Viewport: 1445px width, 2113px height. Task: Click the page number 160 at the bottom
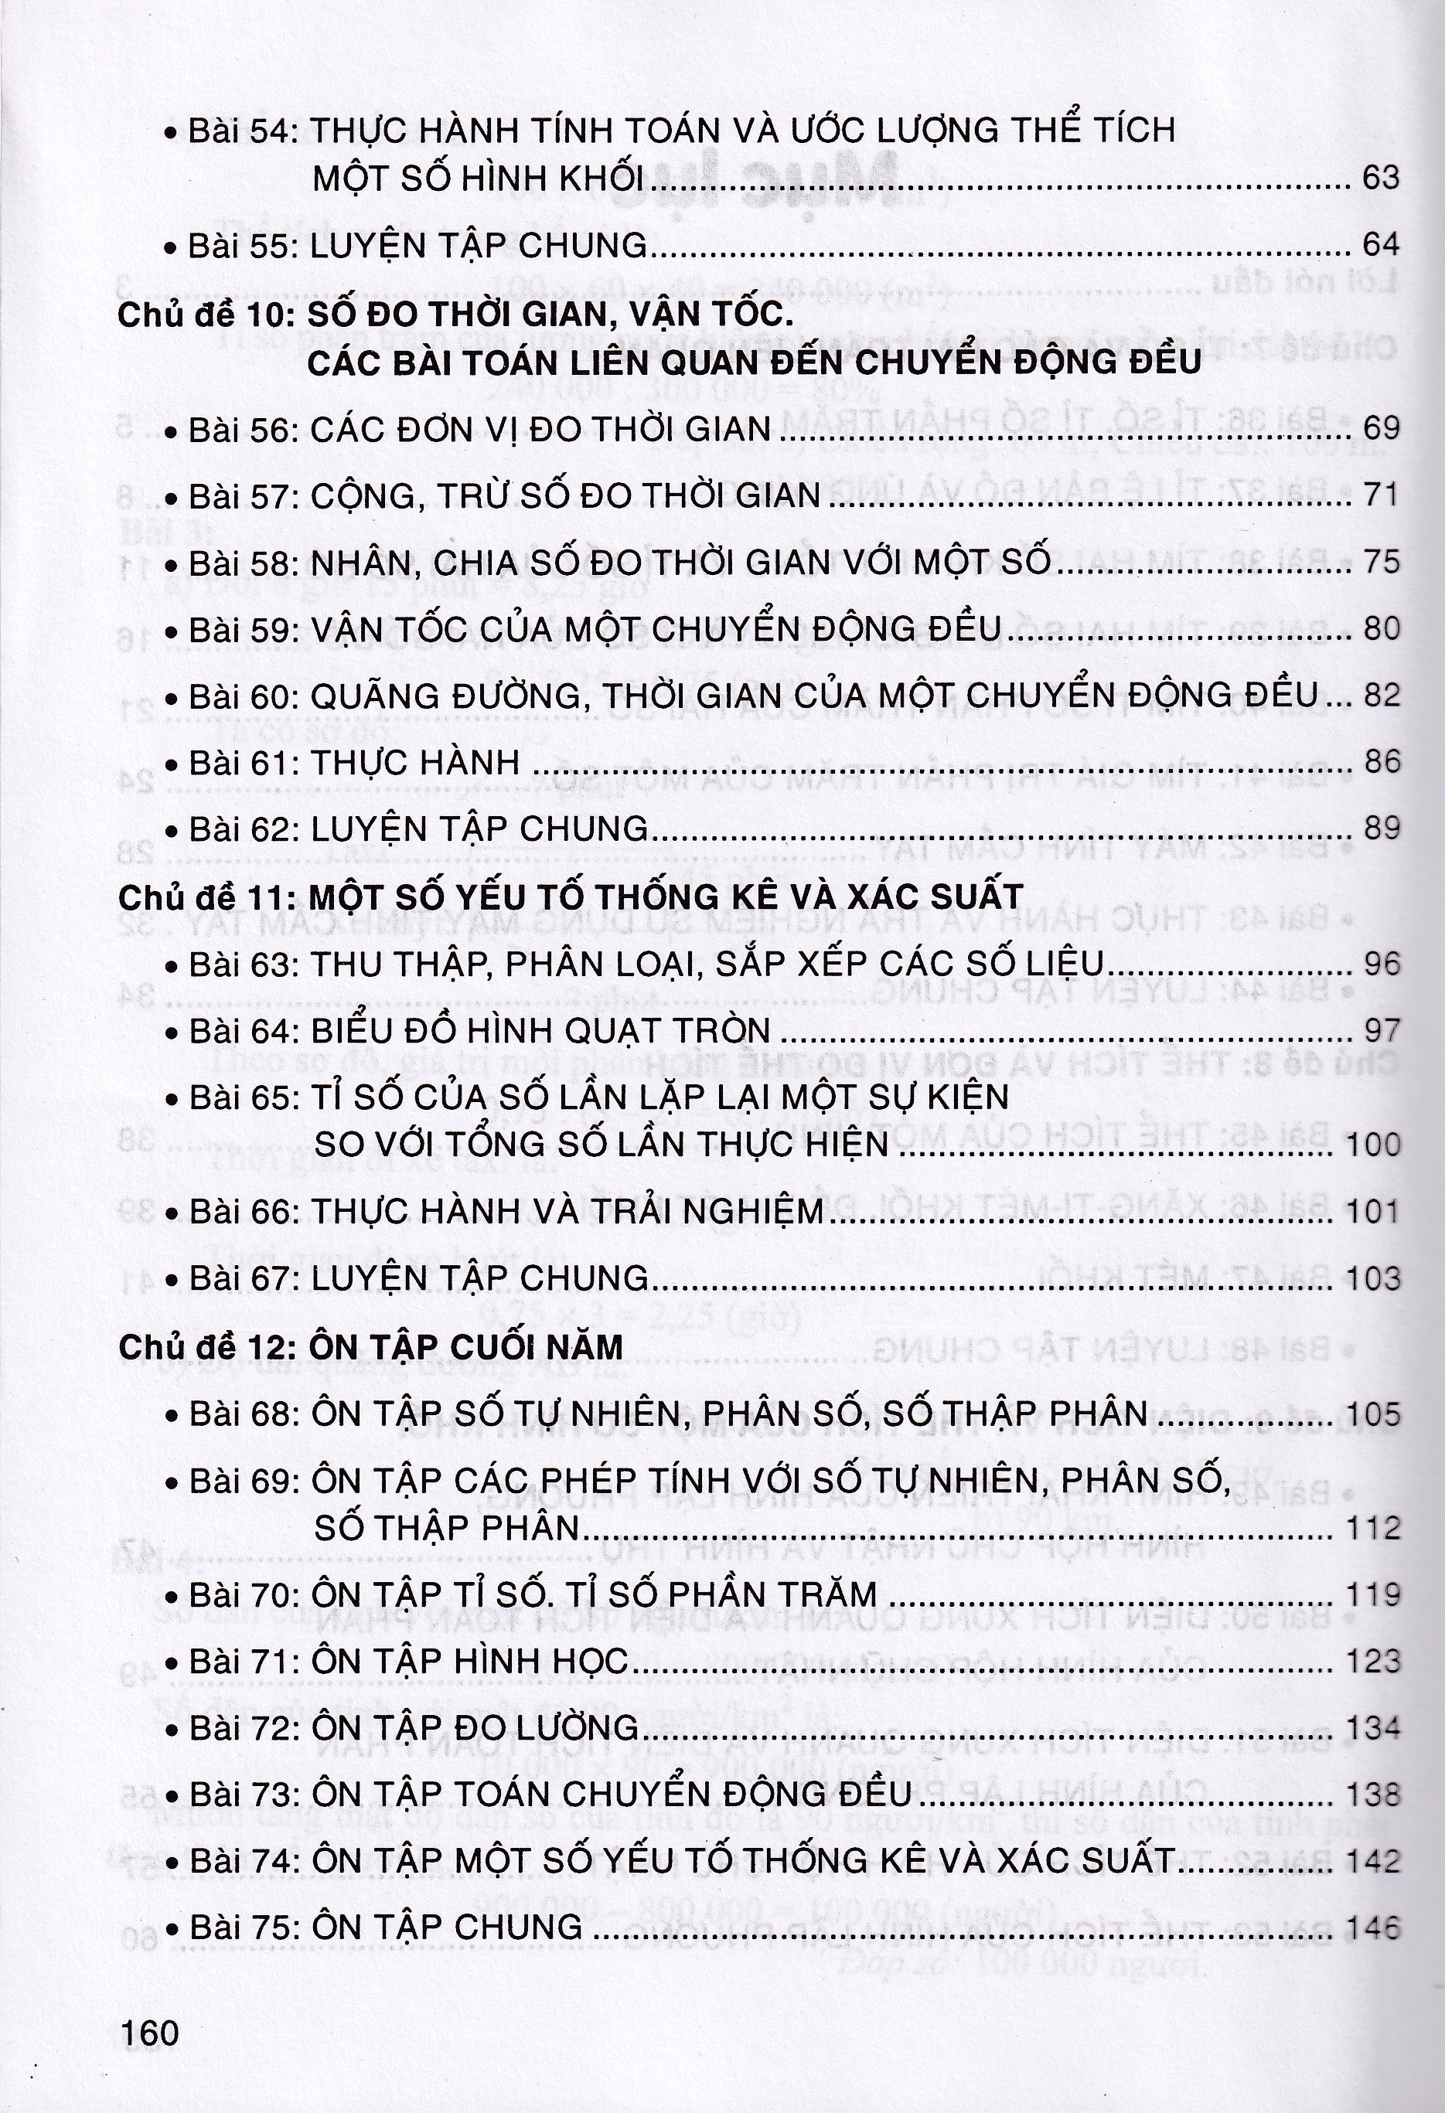click(150, 2033)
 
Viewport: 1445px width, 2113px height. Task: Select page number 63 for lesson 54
click(1379, 179)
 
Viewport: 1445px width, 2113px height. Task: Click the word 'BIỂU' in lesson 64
click(360, 1032)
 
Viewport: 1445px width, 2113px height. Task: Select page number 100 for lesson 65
click(1373, 1145)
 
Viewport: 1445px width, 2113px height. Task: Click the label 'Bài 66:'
click(243, 1212)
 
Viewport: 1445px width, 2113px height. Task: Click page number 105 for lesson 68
click(1373, 1414)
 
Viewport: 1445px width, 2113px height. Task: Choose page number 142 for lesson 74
click(1373, 1861)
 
